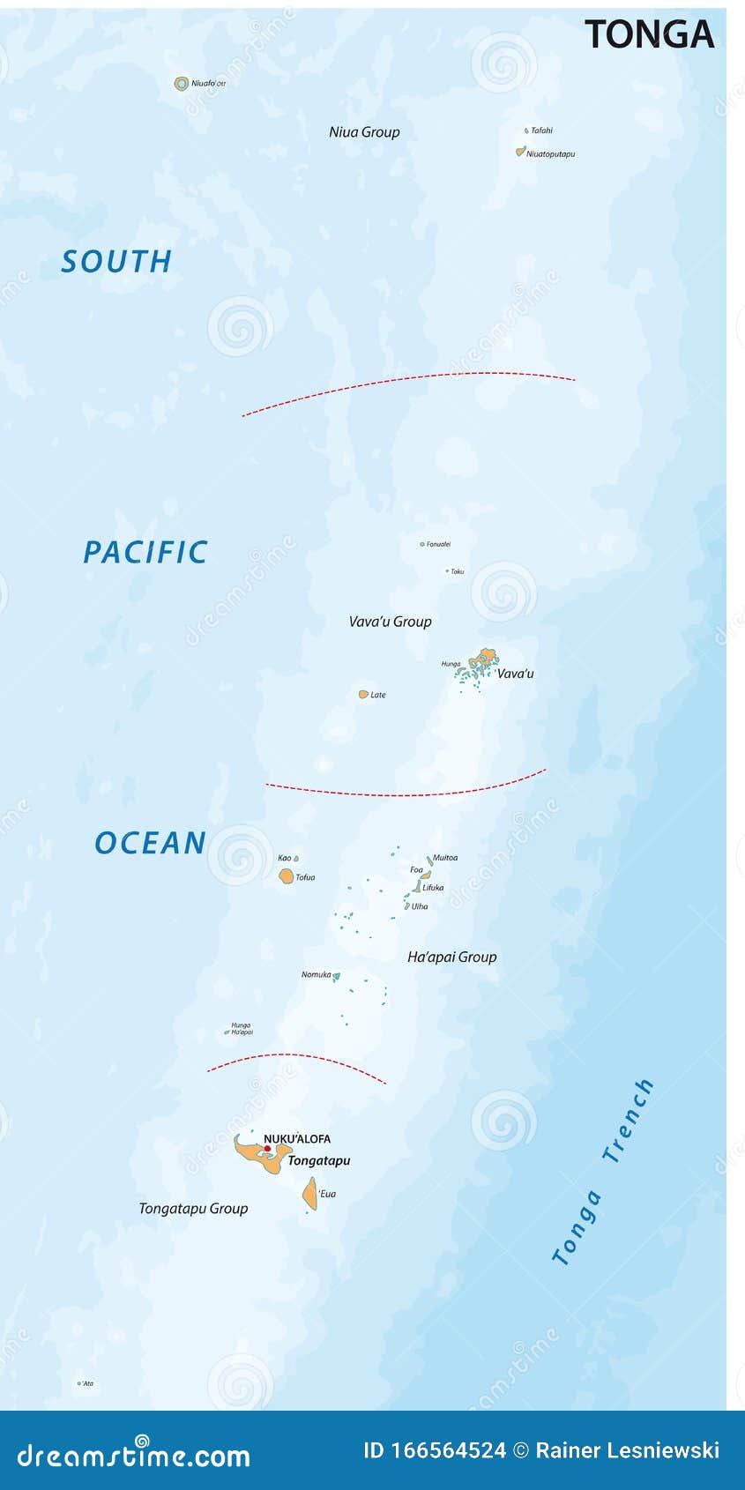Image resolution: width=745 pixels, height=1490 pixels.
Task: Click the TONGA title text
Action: click(649, 34)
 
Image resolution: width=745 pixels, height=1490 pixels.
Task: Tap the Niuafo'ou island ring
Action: click(182, 84)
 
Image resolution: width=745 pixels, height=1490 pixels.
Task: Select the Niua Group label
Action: click(364, 132)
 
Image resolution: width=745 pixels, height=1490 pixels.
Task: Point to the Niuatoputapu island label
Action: click(550, 154)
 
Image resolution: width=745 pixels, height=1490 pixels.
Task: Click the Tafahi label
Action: click(541, 130)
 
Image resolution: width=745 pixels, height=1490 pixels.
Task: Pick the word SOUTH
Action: click(116, 262)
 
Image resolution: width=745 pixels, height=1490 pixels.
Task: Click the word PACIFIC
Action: click(145, 553)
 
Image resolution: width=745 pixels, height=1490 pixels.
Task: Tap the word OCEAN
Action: click(151, 844)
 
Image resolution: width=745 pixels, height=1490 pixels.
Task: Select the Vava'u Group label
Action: click(390, 622)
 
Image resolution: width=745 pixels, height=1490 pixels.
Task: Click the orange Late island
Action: click(363, 695)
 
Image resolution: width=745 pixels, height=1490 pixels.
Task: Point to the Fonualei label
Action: click(438, 545)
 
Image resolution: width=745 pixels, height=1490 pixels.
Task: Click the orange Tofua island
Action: click(287, 876)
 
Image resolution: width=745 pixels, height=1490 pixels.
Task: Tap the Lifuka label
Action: click(433, 888)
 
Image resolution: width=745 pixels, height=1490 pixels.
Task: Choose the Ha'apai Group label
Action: click(451, 957)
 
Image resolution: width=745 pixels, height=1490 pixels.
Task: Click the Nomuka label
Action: click(316, 974)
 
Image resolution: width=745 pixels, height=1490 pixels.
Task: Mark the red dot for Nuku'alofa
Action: click(268, 1149)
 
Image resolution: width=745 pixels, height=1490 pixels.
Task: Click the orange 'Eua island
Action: click(310, 1194)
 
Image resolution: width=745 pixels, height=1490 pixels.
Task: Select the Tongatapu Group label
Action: click(193, 1209)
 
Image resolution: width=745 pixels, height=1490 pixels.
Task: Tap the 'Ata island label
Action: click(87, 1383)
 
